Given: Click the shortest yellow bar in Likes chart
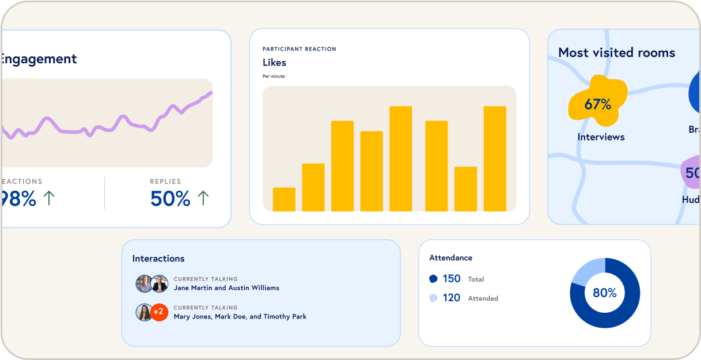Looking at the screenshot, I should point(284,199).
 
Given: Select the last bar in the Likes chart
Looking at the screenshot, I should point(495,158).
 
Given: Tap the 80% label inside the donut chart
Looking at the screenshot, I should point(605,293).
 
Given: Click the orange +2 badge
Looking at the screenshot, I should point(159,312).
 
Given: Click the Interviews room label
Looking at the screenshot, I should point(601,137).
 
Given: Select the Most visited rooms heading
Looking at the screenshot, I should point(616,53).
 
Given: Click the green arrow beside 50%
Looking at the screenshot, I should point(203,199).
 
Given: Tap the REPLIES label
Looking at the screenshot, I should point(165,181).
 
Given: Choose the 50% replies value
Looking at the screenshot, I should point(170,199).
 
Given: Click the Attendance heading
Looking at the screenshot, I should point(450,258).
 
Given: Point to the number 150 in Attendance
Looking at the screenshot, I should point(452,279).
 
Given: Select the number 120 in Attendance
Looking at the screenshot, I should point(452,298).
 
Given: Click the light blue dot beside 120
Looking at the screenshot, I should point(433,298).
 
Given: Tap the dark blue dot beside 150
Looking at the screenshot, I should point(433,279).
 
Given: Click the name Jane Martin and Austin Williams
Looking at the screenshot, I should point(226,288).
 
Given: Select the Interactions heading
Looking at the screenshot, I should point(158,259).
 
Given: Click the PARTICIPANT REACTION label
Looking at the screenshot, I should point(300,49).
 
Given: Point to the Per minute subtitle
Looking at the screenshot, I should point(274,77).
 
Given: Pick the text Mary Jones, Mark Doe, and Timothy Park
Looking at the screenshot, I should point(240,317).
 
